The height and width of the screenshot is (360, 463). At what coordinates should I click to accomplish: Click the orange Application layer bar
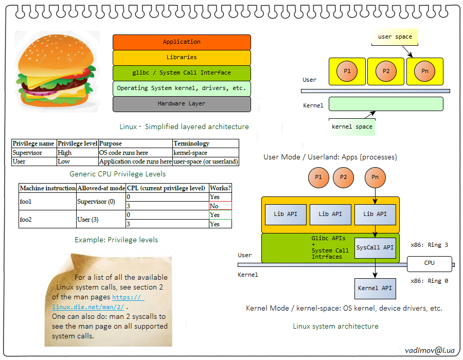[x=182, y=42]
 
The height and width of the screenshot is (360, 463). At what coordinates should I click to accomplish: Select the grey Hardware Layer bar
[x=182, y=104]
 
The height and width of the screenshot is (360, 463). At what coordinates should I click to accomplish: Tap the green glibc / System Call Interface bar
[x=182, y=73]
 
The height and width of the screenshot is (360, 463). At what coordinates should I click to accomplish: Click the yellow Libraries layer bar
[x=182, y=58]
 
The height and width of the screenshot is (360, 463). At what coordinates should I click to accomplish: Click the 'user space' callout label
[x=395, y=37]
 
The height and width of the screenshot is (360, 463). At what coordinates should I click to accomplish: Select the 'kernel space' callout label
[x=352, y=127]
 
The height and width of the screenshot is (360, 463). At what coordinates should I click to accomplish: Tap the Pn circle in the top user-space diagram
[x=424, y=71]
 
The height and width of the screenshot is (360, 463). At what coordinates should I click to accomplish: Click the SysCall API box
[x=375, y=248]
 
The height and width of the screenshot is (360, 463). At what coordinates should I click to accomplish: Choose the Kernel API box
[x=375, y=289]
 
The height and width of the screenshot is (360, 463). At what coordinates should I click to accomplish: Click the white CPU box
[x=429, y=263]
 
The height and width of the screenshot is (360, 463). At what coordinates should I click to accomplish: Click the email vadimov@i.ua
[x=430, y=350]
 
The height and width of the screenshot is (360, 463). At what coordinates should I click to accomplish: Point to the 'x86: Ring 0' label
[x=429, y=281]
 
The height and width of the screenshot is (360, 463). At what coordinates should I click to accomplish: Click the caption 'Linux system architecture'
[x=335, y=326]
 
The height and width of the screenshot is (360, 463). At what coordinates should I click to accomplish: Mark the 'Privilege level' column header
[x=77, y=143]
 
